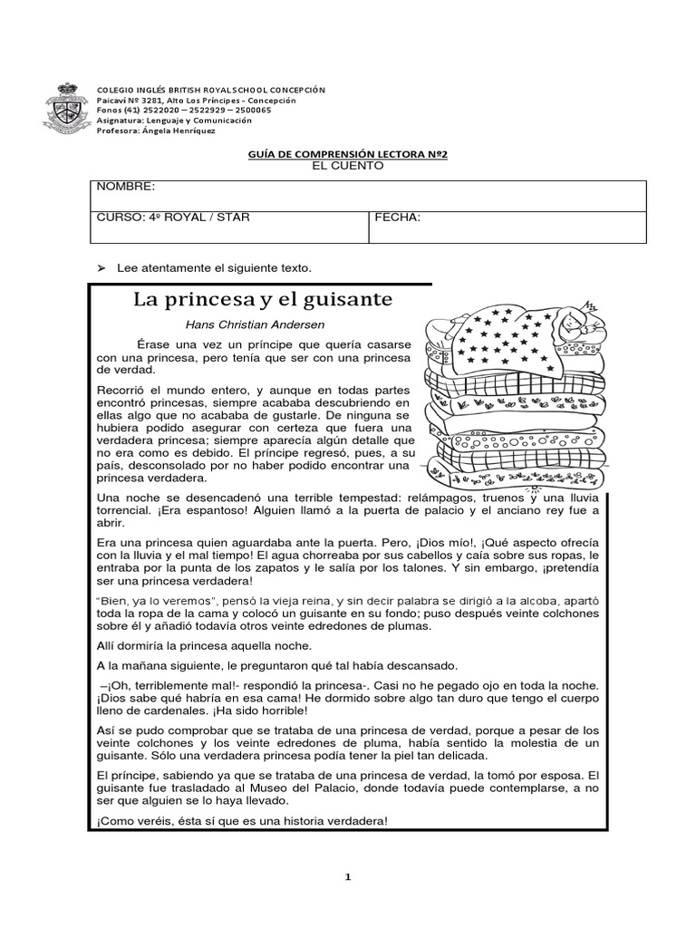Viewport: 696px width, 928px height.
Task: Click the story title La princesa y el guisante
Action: (264, 299)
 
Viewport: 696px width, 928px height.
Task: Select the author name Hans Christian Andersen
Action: (255, 324)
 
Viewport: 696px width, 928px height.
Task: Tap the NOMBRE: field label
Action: (126, 187)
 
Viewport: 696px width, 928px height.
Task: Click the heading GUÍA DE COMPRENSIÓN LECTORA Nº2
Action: (348, 155)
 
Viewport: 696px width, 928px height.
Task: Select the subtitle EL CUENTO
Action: (348, 166)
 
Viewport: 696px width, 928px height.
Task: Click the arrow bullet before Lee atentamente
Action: (101, 268)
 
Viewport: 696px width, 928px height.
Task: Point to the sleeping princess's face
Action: (573, 319)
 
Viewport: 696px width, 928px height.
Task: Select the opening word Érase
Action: (155, 345)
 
